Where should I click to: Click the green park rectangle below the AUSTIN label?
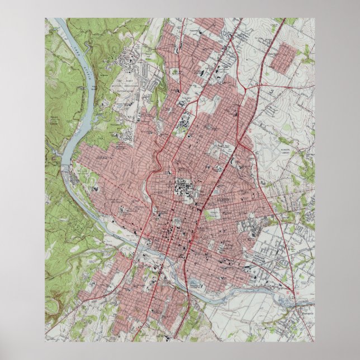tap(212, 214)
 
